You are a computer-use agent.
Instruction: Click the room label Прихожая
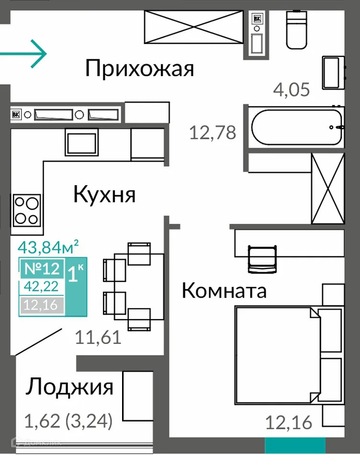140,69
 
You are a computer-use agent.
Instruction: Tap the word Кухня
105,195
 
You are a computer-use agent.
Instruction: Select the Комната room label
224,290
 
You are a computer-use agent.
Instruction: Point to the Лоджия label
69,387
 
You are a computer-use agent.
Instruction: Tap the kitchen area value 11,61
98,338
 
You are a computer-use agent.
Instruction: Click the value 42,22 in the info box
41,286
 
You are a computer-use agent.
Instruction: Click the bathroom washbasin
334,72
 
